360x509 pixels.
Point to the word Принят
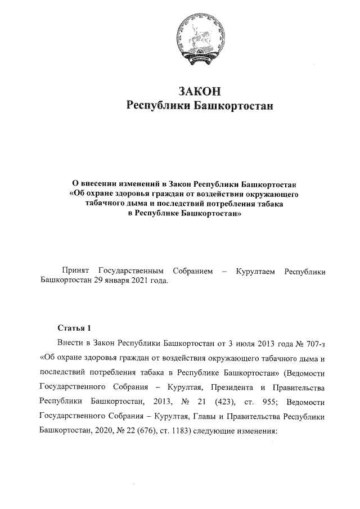tap(76, 272)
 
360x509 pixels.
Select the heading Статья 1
tap(73, 327)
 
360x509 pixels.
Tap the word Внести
tap(70, 343)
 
